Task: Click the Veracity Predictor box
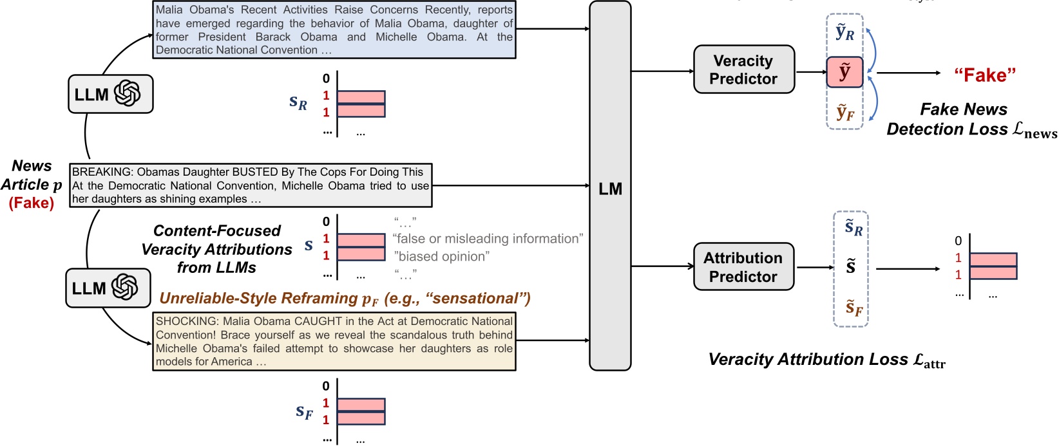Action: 743,70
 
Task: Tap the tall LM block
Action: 609,187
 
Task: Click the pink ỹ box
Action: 844,72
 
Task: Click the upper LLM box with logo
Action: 110,94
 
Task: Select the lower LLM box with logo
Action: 108,288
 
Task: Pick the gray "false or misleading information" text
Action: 488,239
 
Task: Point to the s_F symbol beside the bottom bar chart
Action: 304,411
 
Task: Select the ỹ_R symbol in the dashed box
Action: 844,33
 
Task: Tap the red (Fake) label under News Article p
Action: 31,203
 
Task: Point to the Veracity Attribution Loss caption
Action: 826,360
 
